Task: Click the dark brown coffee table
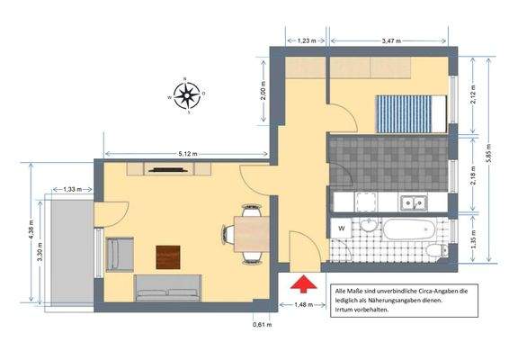click(x=168, y=256)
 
